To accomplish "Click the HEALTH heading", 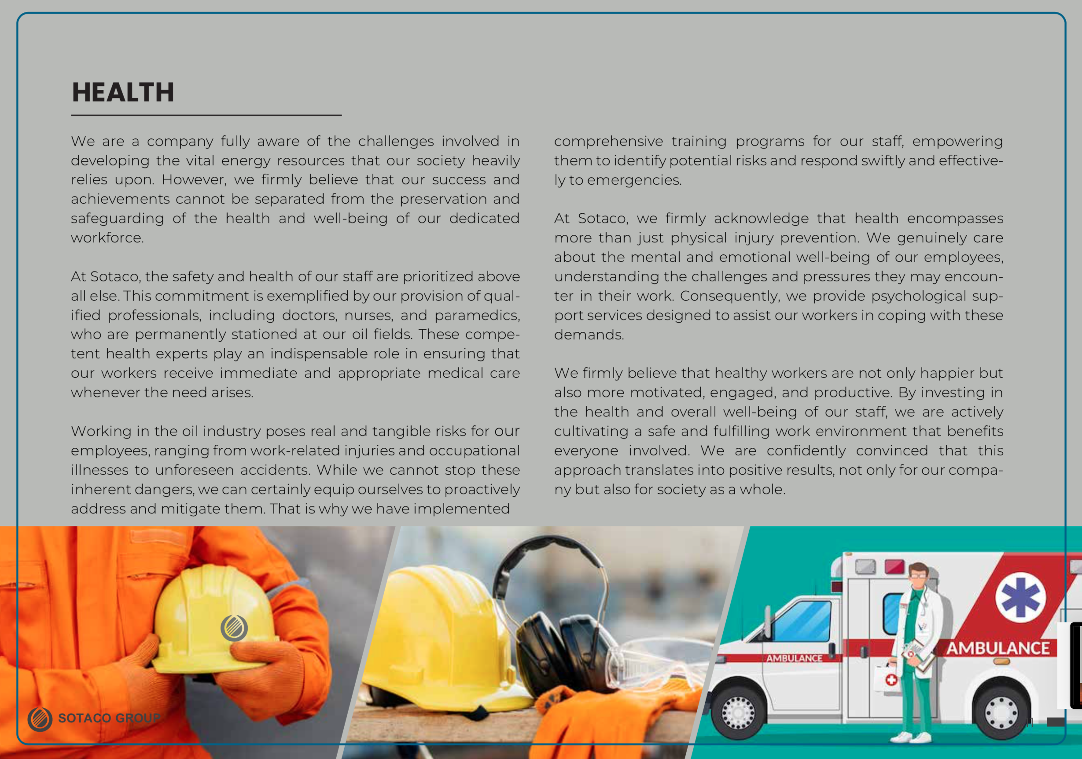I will coord(123,92).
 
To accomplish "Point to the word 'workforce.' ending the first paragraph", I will coord(107,238).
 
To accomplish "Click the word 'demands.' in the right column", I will coord(589,335).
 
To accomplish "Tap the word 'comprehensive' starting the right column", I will coord(608,141).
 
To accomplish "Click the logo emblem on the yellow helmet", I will coord(234,628).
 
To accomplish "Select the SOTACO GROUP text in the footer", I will coord(109,718).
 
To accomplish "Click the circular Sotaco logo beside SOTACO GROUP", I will coord(40,719).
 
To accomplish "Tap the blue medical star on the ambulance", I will coord(1020,598).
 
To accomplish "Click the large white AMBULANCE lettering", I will coord(997,648).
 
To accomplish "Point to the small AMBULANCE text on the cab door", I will coord(794,658).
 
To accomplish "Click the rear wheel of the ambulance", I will coord(1001,712).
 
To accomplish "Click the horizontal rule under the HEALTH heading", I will coord(206,115).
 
